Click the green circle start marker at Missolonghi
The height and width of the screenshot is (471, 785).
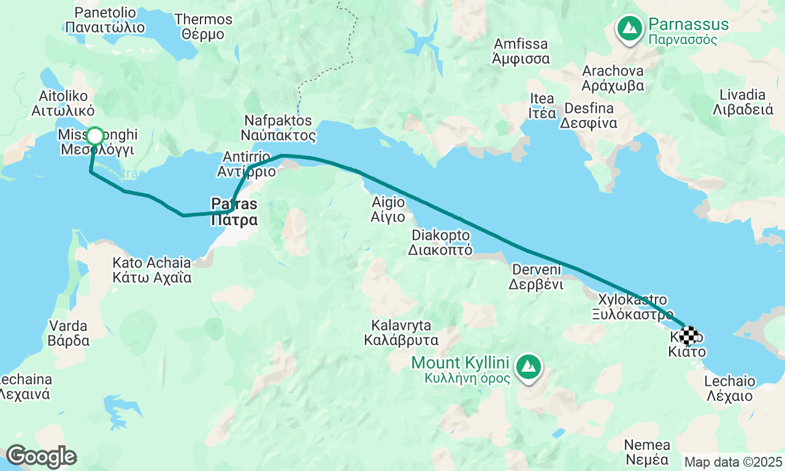click(x=95, y=136)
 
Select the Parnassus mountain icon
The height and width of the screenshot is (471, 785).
click(x=629, y=28)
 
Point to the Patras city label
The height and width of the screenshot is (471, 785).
click(x=234, y=212)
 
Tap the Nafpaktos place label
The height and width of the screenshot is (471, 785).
click(x=278, y=128)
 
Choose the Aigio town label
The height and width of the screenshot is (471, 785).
click(x=388, y=209)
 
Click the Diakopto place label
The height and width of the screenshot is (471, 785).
click(x=441, y=242)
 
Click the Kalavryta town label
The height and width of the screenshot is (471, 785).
click(x=401, y=332)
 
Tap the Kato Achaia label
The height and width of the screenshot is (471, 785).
click(x=151, y=270)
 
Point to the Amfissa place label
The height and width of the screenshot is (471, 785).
click(x=521, y=52)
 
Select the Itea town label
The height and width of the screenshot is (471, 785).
click(x=542, y=105)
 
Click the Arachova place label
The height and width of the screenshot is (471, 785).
click(x=613, y=77)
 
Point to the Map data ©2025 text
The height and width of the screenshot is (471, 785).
click(x=733, y=462)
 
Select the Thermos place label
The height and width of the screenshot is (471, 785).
click(x=203, y=26)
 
